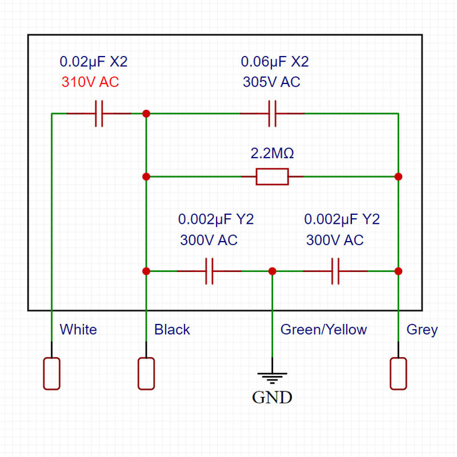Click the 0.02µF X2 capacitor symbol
pyautogui.click(x=99, y=114)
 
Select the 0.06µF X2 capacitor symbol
pyautogui.click(x=272, y=114)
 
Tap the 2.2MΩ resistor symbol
pyautogui.click(x=272, y=177)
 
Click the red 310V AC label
pyautogui.click(x=90, y=82)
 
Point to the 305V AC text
pyautogui.click(x=271, y=82)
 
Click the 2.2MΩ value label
pyautogui.click(x=272, y=154)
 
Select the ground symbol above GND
pyautogui.click(x=272, y=376)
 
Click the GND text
pyautogui.click(x=272, y=398)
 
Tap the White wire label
pyautogui.click(x=78, y=330)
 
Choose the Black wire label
pyautogui.click(x=172, y=330)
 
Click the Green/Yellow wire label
pyautogui.click(x=323, y=330)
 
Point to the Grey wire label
pyautogui.click(x=422, y=330)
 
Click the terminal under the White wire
pyautogui.click(x=52, y=374)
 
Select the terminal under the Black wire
pyautogui.click(x=146, y=374)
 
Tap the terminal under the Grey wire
pyautogui.click(x=398, y=374)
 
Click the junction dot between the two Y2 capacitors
pyautogui.click(x=272, y=271)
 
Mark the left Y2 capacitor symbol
pyautogui.click(x=209, y=271)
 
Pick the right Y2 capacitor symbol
pyautogui.click(x=335, y=271)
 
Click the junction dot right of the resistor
pyautogui.click(x=398, y=177)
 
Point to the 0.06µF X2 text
pyautogui.click(x=275, y=62)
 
